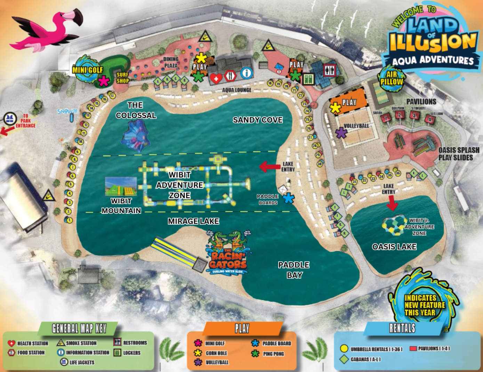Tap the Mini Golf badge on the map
click(87, 69)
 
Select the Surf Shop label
click(122, 78)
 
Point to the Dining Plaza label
click(171, 62)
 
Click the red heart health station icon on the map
click(216, 78)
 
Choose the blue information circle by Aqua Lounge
click(246, 73)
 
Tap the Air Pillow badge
click(392, 78)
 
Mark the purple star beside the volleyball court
click(341, 132)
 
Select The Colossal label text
click(136, 110)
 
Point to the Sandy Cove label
click(257, 120)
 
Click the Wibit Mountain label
click(121, 205)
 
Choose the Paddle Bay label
click(294, 270)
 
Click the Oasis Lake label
click(394, 247)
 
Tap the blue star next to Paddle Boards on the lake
click(288, 199)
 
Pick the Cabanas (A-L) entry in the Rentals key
click(365, 359)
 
